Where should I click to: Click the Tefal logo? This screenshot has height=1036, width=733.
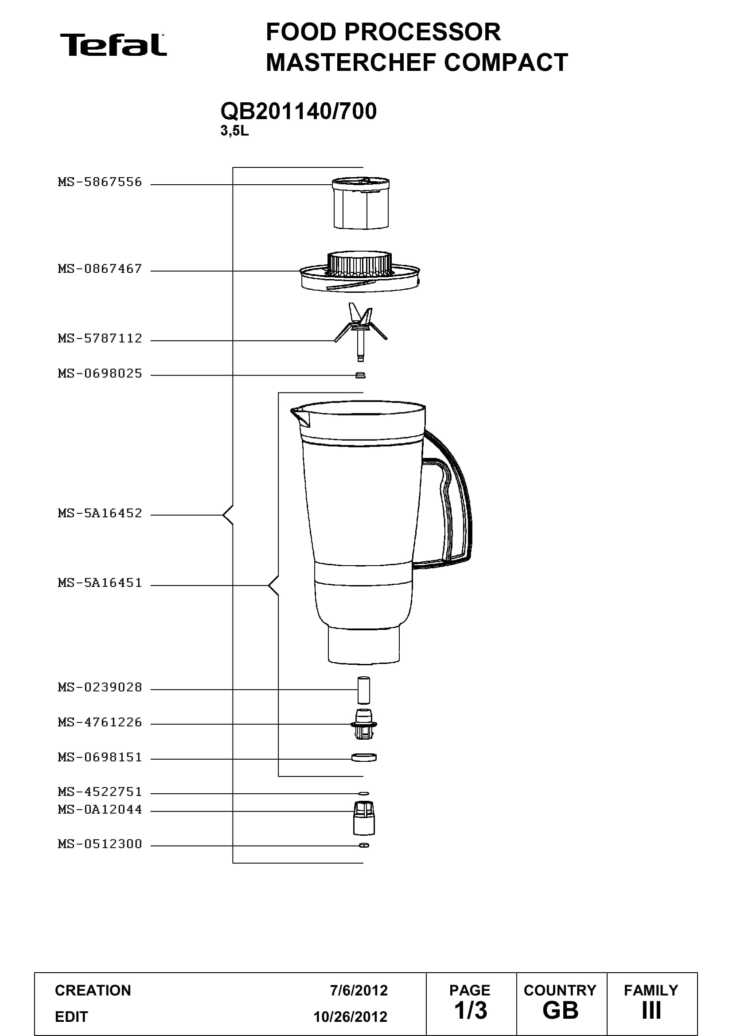click(113, 45)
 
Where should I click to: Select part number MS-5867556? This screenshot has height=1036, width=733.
click(100, 182)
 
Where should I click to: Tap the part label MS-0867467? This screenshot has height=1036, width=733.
click(100, 269)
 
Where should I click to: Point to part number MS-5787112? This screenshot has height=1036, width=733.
click(100, 338)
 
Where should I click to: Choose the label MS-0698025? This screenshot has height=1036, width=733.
click(100, 374)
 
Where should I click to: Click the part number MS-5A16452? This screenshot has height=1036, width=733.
click(100, 513)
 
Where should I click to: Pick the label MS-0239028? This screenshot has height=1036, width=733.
click(100, 687)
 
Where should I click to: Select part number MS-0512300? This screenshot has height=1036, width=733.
click(100, 844)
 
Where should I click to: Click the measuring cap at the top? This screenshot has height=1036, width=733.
click(361, 203)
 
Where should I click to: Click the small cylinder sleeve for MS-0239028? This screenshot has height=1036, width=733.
click(364, 690)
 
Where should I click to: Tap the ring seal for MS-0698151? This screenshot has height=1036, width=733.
click(364, 757)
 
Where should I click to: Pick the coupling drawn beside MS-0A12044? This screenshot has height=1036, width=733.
click(364, 818)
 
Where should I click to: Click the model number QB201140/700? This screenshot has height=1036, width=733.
click(298, 112)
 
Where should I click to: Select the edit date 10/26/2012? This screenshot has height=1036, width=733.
click(351, 1017)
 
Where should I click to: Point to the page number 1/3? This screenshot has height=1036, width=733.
click(471, 1011)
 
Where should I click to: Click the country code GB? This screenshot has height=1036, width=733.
click(561, 1011)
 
